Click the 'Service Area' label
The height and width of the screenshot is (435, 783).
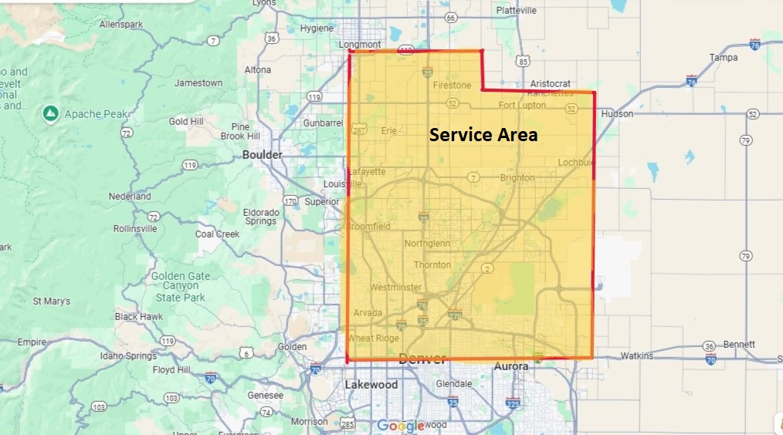click(x=483, y=135)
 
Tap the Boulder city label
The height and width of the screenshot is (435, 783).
click(x=263, y=154)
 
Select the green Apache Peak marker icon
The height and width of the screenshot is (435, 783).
click(x=50, y=114)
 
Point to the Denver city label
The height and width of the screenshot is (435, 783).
click(x=422, y=359)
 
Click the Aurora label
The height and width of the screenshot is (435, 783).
click(x=510, y=366)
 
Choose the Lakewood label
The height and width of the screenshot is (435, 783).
click(x=371, y=384)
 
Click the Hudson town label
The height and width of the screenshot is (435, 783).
click(x=617, y=113)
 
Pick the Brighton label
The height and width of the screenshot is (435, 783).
click(x=517, y=177)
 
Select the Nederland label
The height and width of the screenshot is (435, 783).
click(x=130, y=196)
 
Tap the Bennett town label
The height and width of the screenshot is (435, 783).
click(x=739, y=344)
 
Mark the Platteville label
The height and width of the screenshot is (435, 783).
click(x=517, y=11)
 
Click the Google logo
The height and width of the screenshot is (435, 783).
click(x=401, y=425)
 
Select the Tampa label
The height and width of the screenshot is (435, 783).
click(x=724, y=57)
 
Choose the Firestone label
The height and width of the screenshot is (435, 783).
click(x=452, y=85)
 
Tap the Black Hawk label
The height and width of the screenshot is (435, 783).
click(x=139, y=316)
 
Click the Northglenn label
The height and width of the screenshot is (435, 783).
click(x=427, y=244)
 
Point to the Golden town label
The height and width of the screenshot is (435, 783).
click(x=292, y=346)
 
